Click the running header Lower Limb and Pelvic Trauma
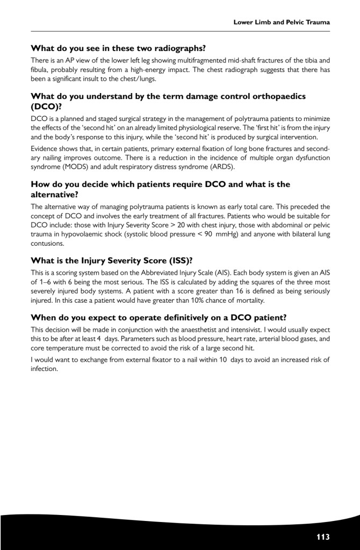coord(281,23)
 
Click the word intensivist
coord(243,330)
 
